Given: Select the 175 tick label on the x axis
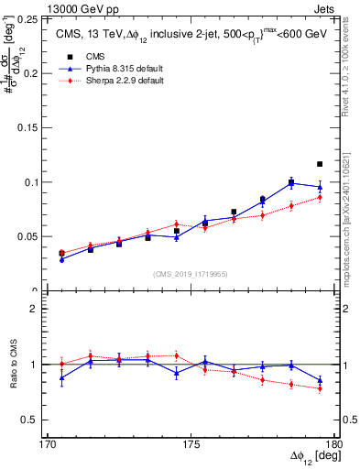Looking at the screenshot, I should pos(191,444).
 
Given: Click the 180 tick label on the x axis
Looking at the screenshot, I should pos(335,444).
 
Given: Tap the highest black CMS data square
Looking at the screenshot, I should pos(320,164).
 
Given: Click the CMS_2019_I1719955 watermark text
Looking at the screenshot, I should pos(191,273).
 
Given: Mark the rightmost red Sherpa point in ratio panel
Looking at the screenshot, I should pos(320,388).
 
